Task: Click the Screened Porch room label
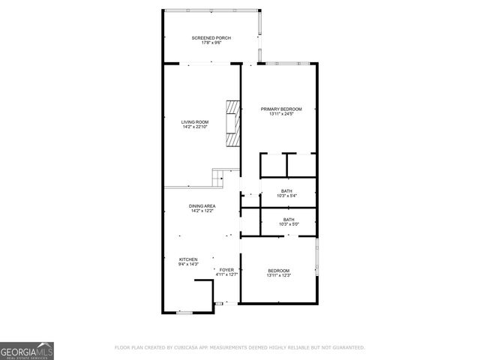coord(211,37)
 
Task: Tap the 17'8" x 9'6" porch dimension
coord(211,43)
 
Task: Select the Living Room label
coord(195,121)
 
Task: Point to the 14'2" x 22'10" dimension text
coord(195,127)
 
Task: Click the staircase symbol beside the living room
coord(218,178)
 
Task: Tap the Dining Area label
coord(202,205)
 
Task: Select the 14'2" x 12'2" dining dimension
coord(202,211)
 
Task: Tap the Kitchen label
coord(188,259)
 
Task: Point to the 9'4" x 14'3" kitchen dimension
coord(188,264)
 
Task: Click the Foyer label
coord(226,269)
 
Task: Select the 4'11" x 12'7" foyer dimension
coord(226,274)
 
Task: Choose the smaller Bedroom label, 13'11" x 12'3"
coord(277,270)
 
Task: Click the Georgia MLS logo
coord(26,350)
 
